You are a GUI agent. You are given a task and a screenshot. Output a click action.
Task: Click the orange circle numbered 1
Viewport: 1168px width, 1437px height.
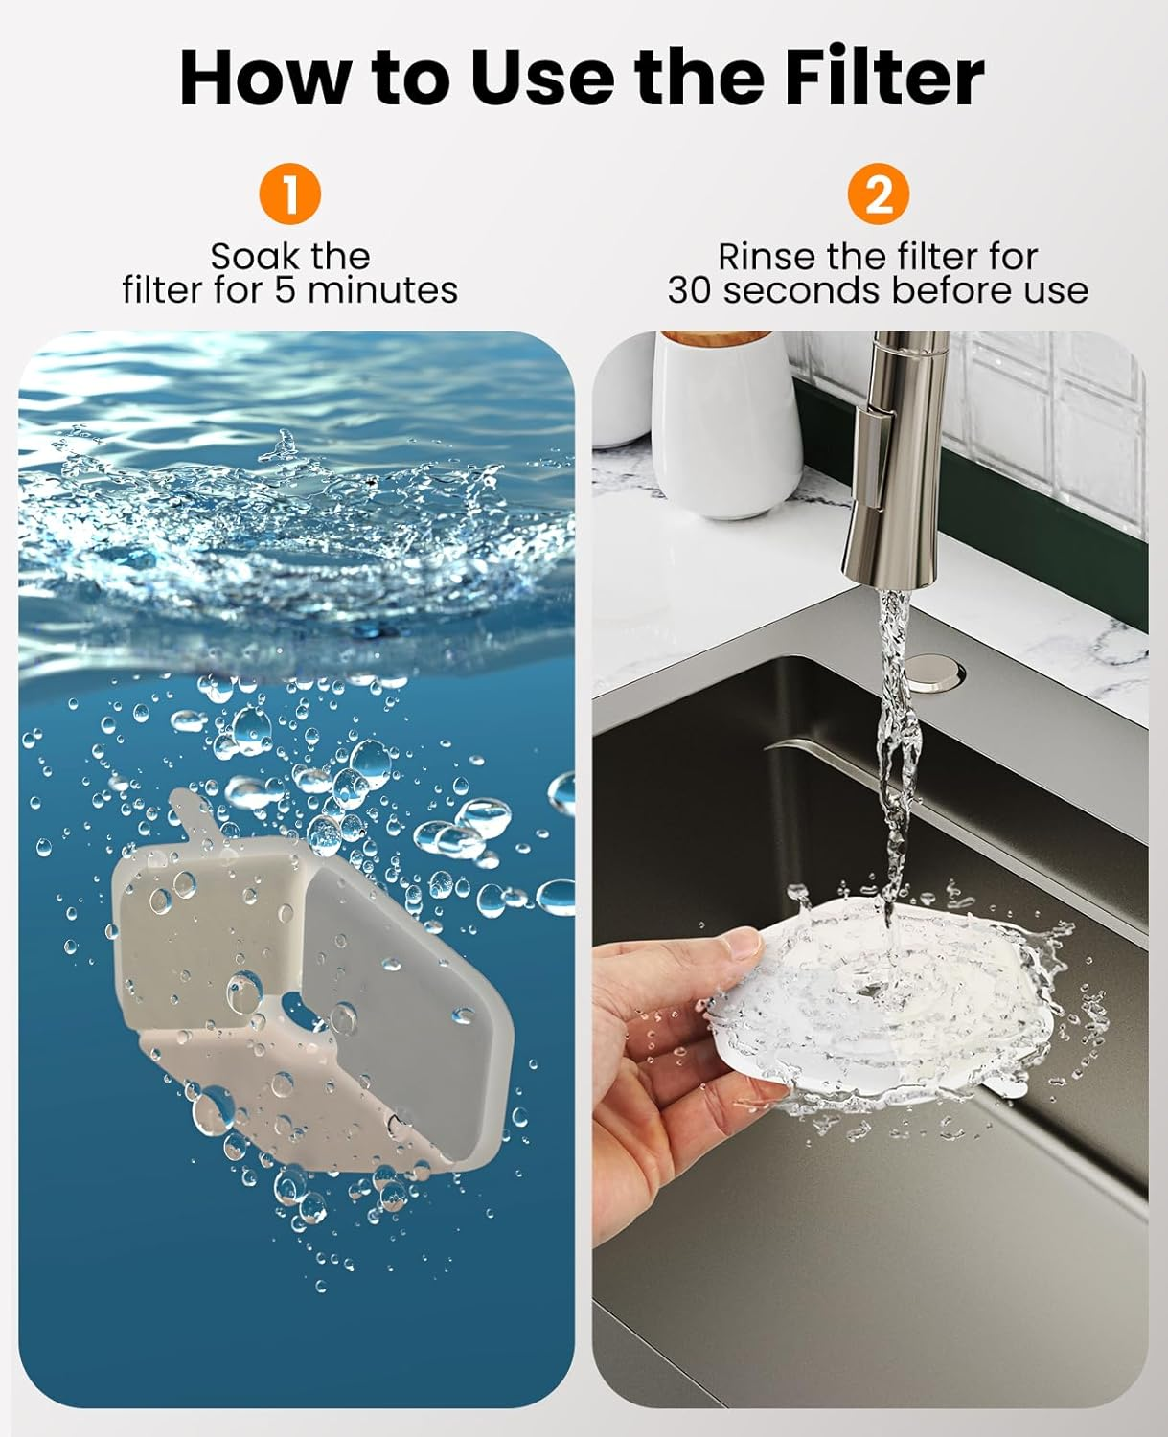point(289,194)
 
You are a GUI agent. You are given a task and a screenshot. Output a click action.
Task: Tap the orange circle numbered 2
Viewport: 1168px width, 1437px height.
point(878,194)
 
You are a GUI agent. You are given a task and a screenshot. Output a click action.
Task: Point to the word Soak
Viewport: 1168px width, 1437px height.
point(248,257)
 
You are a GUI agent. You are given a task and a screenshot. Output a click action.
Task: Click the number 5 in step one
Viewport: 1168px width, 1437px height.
point(285,289)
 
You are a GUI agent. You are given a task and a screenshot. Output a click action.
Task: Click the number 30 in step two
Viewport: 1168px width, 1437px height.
point(691,289)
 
